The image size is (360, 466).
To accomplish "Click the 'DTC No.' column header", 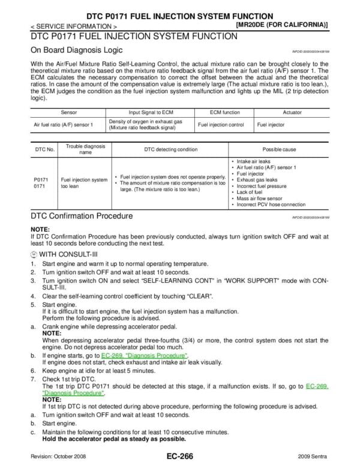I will [42, 148].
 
